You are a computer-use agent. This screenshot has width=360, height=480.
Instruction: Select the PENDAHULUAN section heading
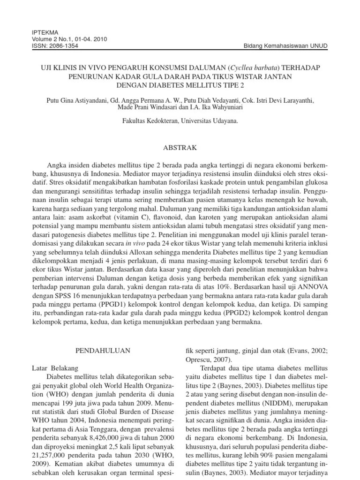pos(100,350)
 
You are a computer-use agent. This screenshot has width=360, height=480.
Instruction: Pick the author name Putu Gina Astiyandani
pos(76,100)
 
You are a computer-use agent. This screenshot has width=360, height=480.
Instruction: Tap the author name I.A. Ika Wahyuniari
pos(217,107)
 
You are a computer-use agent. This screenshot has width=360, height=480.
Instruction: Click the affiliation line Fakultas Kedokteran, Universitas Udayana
pos(180,120)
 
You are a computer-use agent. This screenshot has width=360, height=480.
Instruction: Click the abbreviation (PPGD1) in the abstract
pos(120,306)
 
